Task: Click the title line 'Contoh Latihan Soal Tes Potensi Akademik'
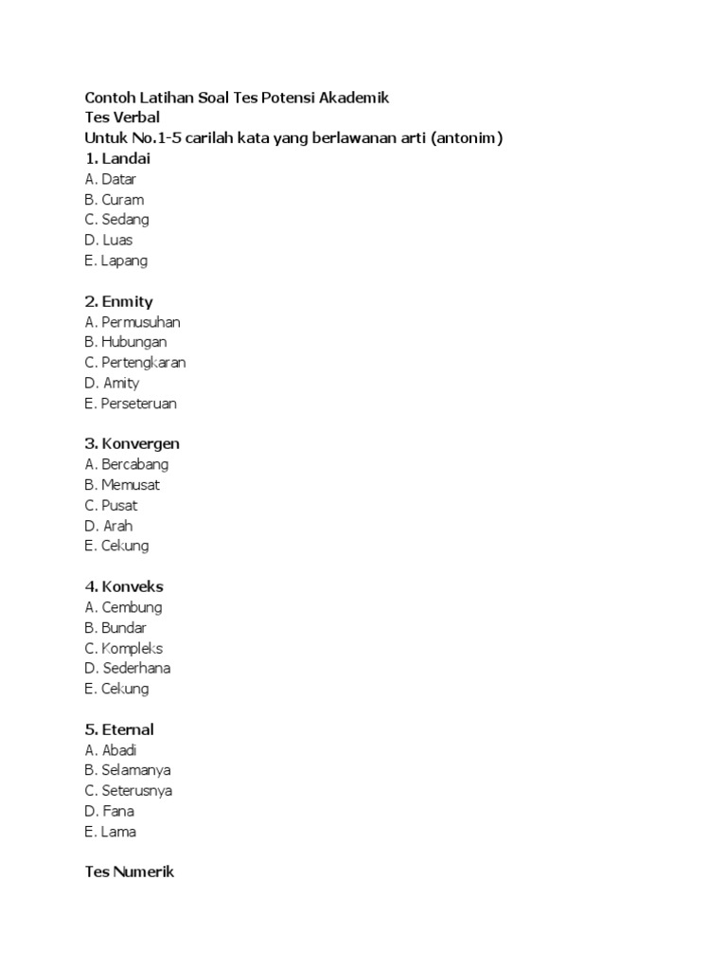click(x=237, y=98)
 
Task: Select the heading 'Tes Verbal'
click(x=122, y=117)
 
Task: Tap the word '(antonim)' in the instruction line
click(x=466, y=138)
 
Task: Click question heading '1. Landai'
click(x=117, y=158)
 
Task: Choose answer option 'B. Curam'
click(x=114, y=200)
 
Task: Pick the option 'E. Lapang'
click(x=115, y=260)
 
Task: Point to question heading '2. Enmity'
click(x=118, y=301)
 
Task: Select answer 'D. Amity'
click(x=112, y=383)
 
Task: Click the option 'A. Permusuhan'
click(x=132, y=322)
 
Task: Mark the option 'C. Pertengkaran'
click(x=135, y=363)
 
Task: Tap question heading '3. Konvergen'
click(x=132, y=443)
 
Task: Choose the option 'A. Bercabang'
click(x=127, y=464)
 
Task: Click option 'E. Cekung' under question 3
click(x=116, y=546)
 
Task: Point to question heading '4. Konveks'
click(x=124, y=586)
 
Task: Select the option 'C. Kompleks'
click(x=123, y=648)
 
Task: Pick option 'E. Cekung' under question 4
click(x=116, y=689)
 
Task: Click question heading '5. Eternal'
click(x=119, y=729)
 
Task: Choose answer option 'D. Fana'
click(x=109, y=811)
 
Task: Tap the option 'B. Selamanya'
click(x=127, y=770)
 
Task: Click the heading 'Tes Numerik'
click(x=130, y=871)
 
